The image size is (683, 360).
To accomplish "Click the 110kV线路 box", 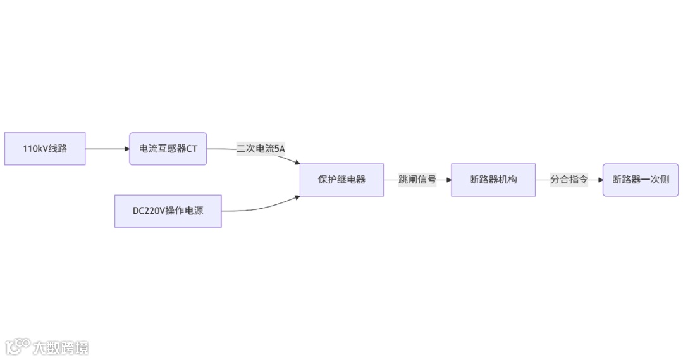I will [45, 149].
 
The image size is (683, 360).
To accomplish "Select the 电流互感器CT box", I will [168, 149].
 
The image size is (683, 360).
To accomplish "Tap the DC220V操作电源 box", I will [168, 211].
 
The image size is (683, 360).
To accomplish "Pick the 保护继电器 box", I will [341, 180].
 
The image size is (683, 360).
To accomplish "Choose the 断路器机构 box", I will [493, 180].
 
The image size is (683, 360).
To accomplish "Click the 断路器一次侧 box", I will [641, 180].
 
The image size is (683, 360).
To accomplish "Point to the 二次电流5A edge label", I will [261, 149].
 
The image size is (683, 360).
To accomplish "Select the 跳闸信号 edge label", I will [417, 180].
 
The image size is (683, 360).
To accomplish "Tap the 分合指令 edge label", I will [569, 180].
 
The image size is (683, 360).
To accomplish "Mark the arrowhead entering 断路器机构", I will [448, 180].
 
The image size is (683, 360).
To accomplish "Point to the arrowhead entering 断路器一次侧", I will [599, 180].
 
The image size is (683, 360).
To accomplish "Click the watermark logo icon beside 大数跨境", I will [18, 346].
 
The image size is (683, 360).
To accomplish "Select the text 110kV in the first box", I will [34, 149].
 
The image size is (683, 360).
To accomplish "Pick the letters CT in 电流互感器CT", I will [192, 149].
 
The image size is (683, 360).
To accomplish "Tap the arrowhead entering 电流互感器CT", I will [126, 149].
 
